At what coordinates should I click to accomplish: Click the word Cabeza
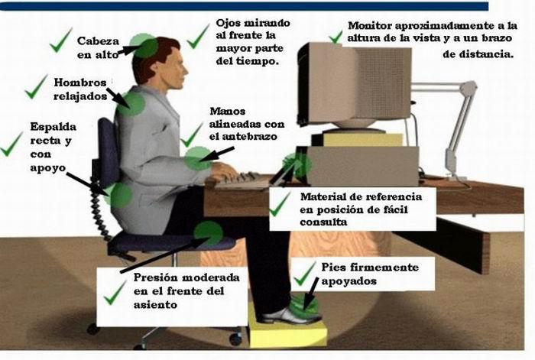pos(98,41)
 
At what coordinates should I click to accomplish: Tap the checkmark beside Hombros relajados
pos(36,87)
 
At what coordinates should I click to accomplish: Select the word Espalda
pos(53,127)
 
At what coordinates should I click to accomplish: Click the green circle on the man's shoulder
pos(131,103)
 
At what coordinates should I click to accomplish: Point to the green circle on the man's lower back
pos(120,195)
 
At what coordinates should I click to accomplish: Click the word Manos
pos(228,112)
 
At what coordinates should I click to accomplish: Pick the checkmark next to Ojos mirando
pos(198,36)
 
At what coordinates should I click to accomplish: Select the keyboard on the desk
pos(238,180)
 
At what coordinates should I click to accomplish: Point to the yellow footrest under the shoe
pos(287,328)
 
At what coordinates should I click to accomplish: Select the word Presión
pos(156,277)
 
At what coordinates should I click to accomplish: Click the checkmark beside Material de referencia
pos(280,205)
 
